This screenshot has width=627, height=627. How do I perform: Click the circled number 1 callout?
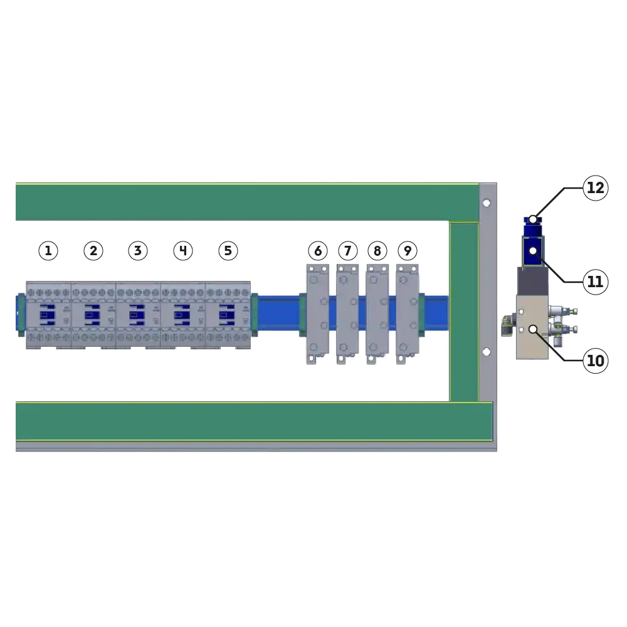pos(48,251)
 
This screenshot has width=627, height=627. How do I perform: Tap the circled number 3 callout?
pos(138,251)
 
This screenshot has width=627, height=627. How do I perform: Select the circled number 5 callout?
pos(228,251)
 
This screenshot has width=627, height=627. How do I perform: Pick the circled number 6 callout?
pos(318,251)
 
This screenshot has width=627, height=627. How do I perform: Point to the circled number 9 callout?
pos(408,251)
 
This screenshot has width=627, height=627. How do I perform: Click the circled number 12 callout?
pos(596,188)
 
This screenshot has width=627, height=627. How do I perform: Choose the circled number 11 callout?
pos(596,282)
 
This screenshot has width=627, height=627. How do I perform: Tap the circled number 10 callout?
pos(596,361)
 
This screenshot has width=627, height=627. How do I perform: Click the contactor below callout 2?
pos(93,315)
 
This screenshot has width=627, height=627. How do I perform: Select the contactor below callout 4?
pos(183,315)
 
